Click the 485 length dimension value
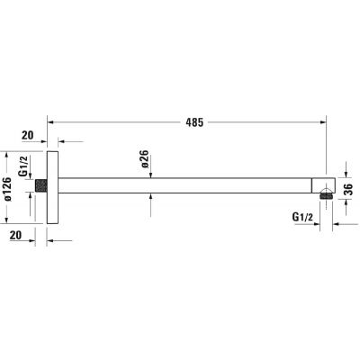pos(194,122)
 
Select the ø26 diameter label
pos(144,159)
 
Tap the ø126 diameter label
pos(7,189)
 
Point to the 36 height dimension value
pos(348,189)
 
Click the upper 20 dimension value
pos(28,135)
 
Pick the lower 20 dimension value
pos(15,235)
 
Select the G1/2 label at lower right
pos(302,217)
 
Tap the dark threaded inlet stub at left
pos(41,185)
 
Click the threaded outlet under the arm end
pos(326,196)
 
